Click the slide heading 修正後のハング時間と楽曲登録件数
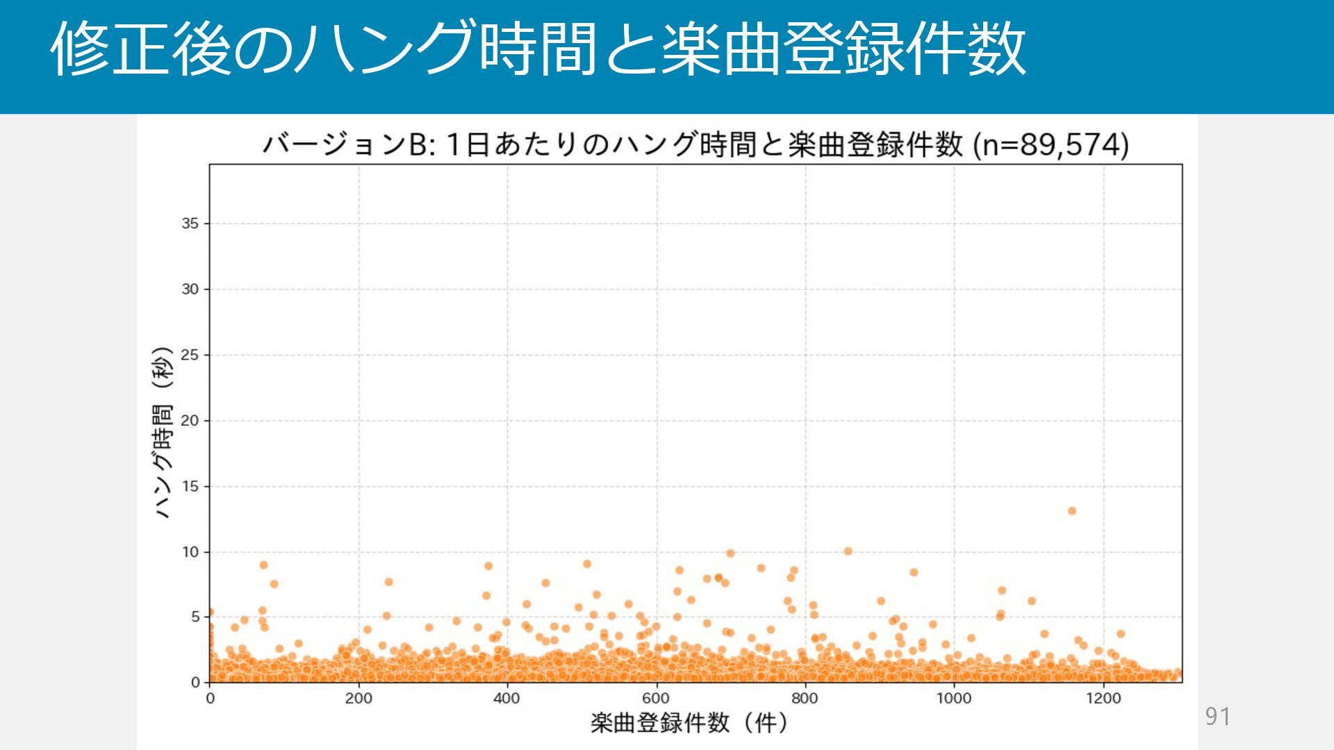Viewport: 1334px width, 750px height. coord(538,49)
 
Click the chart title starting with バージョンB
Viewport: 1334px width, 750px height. coord(695,145)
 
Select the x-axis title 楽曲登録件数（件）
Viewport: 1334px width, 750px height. coord(689,723)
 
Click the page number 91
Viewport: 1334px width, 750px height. coord(1217,716)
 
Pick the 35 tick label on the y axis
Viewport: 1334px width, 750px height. coord(190,224)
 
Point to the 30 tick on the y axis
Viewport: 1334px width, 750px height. coord(190,289)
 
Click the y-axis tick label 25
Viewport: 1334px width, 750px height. coord(190,355)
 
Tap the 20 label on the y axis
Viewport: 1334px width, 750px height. coord(190,421)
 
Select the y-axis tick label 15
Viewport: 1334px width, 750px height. coord(190,486)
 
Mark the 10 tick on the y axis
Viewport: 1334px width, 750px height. coord(190,552)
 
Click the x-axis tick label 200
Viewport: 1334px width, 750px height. coord(359,699)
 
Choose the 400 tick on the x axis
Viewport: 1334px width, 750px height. coord(507,699)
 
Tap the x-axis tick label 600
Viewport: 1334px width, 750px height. coord(656,699)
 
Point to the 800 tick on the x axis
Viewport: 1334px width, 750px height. coord(805,699)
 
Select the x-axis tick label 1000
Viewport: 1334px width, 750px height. coord(953,699)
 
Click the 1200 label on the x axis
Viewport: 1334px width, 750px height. coord(1103,699)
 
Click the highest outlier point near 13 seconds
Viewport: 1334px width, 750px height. coord(1071,511)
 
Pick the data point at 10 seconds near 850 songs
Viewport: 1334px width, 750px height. coord(848,551)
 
